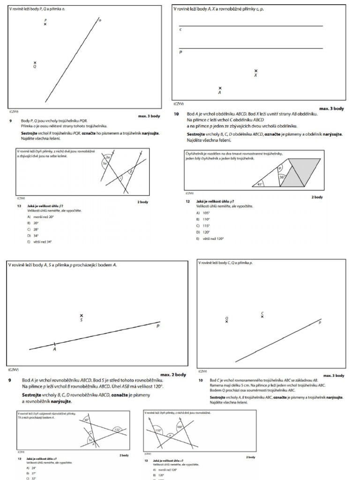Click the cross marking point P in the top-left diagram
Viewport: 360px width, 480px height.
(x=45, y=24)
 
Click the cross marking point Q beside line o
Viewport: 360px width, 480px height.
(x=35, y=63)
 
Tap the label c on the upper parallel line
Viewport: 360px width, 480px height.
(x=180, y=30)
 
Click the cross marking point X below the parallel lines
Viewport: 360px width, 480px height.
(x=255, y=71)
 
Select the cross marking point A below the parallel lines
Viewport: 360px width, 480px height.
(x=220, y=88)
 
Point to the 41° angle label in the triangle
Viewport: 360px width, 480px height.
(x=261, y=184)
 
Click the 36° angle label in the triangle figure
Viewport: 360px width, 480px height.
(x=282, y=177)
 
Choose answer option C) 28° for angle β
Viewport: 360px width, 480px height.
(x=34, y=229)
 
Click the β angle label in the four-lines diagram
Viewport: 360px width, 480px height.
(x=131, y=172)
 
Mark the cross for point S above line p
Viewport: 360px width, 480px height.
(x=81, y=316)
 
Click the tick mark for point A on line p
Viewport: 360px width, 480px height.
(x=54, y=345)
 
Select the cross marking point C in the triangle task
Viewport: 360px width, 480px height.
(x=262, y=316)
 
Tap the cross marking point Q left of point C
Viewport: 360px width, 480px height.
(x=226, y=321)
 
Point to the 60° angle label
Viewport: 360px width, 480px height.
(x=87, y=420)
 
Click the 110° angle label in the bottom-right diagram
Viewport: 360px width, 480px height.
(x=158, y=430)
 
